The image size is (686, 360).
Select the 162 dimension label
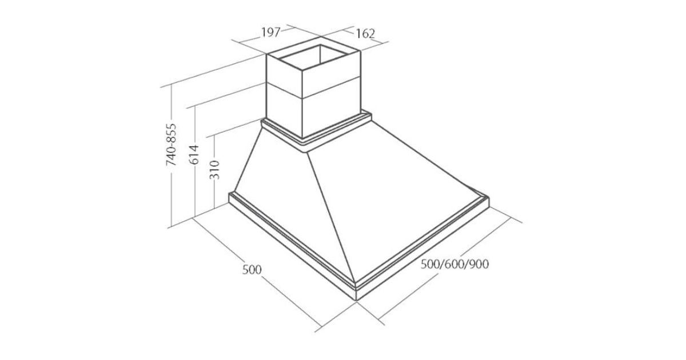[365, 33]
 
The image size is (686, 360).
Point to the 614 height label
[194, 154]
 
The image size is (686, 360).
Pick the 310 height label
[215, 169]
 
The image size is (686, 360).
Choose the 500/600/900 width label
[455, 264]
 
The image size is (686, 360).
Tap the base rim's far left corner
[230, 197]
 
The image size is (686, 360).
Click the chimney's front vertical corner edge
[302, 103]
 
